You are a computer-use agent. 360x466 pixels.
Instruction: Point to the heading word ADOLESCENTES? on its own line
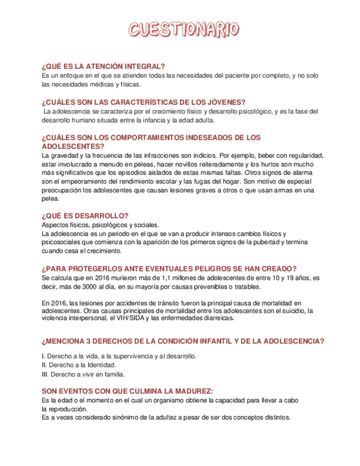(73, 146)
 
